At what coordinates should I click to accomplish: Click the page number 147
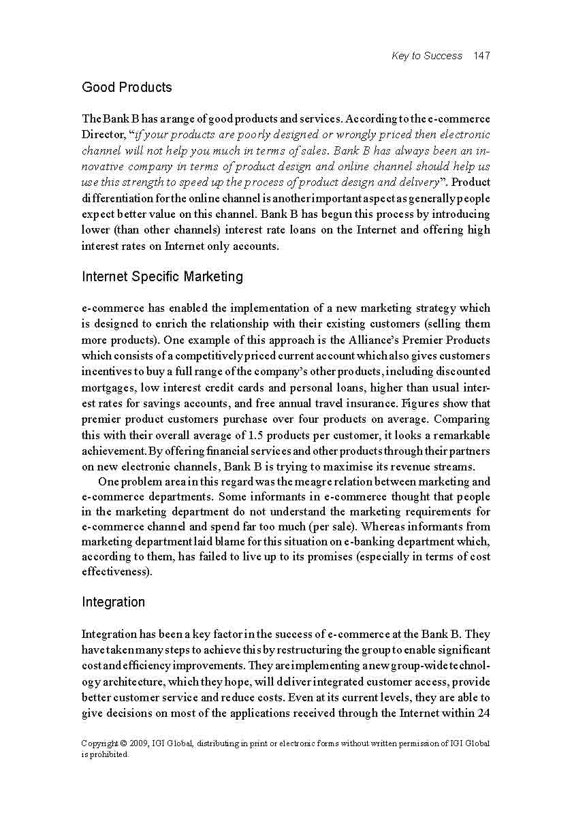(481, 56)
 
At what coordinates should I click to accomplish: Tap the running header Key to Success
(427, 56)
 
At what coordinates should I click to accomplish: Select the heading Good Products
(127, 87)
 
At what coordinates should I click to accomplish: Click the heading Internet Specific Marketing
(162, 276)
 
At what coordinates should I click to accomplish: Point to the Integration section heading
(113, 602)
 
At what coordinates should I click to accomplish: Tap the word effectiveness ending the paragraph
(115, 572)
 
